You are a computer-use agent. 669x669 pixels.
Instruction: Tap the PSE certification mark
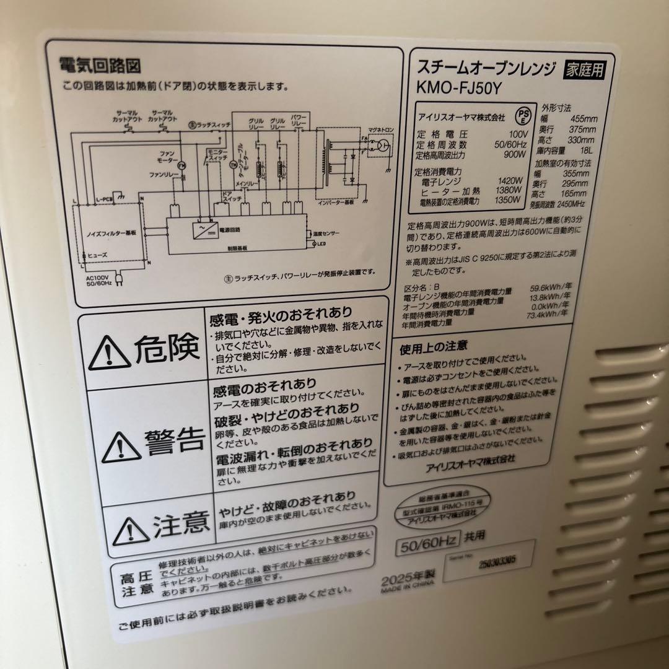coord(524,116)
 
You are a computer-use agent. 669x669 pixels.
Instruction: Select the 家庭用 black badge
coord(583,69)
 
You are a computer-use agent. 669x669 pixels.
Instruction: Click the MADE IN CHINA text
coord(408,590)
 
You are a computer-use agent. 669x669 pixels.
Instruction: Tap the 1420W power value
coord(510,181)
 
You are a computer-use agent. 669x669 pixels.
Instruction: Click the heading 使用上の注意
coord(434,344)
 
